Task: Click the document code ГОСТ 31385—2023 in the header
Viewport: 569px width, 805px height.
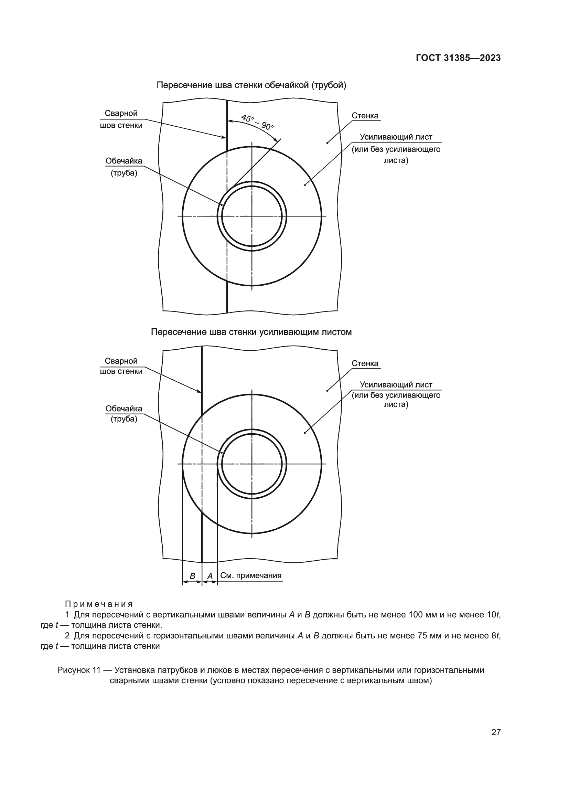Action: pyautogui.click(x=458, y=58)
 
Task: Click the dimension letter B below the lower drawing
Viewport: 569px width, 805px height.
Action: pyautogui.click(x=192, y=576)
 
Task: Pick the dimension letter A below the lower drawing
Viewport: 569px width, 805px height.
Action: pyautogui.click(x=210, y=576)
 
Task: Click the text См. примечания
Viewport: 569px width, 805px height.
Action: pyautogui.click(x=251, y=575)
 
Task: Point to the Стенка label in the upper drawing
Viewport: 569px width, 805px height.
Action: pyautogui.click(x=365, y=116)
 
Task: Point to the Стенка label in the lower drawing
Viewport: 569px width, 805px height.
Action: pyautogui.click(x=365, y=363)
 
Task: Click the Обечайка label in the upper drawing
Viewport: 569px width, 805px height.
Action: pyautogui.click(x=124, y=161)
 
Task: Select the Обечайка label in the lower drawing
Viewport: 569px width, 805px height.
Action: pyautogui.click(x=124, y=409)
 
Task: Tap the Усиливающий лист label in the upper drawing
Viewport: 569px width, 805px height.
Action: pyautogui.click(x=396, y=137)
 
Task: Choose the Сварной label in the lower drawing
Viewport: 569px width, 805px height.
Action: pyautogui.click(x=121, y=361)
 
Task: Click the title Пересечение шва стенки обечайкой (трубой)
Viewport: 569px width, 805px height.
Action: pyautogui.click(x=251, y=85)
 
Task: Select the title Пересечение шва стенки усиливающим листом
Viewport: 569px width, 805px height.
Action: pyautogui.click(x=251, y=332)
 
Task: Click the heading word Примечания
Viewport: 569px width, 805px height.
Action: pyautogui.click(x=99, y=604)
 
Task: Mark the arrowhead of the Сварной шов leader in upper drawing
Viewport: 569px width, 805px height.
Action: pyautogui.click(x=225, y=138)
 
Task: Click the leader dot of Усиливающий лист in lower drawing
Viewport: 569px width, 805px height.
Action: pyautogui.click(x=304, y=433)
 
